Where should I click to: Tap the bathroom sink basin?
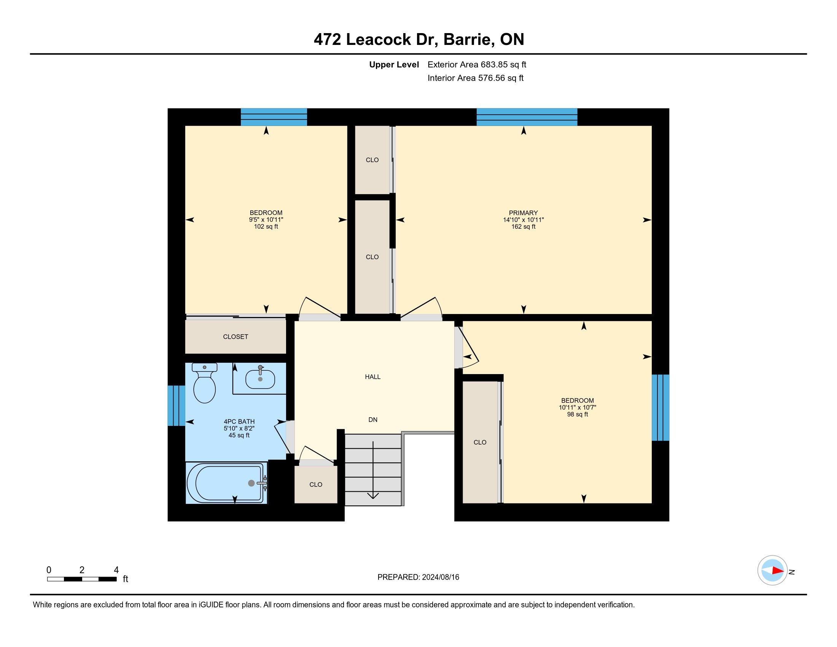click(260, 379)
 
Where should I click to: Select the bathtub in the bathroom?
click(226, 483)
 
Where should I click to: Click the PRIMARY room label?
click(523, 213)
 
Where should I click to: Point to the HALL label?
click(372, 377)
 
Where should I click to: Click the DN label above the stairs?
click(373, 420)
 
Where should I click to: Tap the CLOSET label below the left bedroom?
click(235, 336)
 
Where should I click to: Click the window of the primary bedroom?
click(527, 117)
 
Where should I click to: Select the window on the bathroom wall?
click(176, 406)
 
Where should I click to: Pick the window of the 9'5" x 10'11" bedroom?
click(274, 117)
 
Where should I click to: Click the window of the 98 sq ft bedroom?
click(660, 408)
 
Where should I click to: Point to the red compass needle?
click(778, 571)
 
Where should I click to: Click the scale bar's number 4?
click(116, 570)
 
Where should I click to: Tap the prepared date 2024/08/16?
click(440, 577)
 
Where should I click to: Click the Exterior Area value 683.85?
click(492, 64)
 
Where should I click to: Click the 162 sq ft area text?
click(523, 226)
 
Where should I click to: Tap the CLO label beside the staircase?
click(316, 484)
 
